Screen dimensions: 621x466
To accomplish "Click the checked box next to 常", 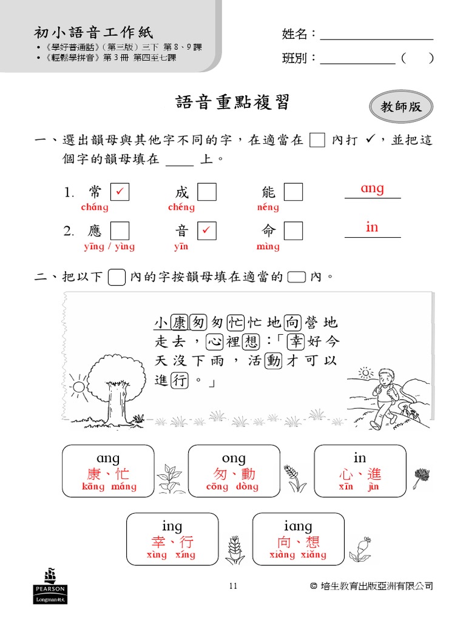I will [x=120, y=192].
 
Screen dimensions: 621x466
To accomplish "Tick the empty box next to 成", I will [x=206, y=192].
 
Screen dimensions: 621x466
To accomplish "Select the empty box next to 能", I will [x=293, y=192].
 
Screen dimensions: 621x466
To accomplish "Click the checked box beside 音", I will [x=206, y=230].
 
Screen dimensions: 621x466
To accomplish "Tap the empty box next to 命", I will [x=293, y=230].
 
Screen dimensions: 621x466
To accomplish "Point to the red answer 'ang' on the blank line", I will [x=372, y=189].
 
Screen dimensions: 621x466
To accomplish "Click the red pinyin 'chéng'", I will [x=181, y=207].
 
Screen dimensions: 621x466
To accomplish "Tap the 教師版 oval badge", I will [x=401, y=107].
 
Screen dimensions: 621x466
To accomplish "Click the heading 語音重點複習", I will [x=232, y=102].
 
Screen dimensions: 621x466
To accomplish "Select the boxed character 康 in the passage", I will [x=180, y=321].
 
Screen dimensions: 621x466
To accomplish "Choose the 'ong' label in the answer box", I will [x=234, y=458].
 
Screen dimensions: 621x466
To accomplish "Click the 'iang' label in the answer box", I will [x=298, y=526].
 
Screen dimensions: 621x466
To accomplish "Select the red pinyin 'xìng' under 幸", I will [x=157, y=555].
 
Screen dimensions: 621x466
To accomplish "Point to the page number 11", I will [x=233, y=586].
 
